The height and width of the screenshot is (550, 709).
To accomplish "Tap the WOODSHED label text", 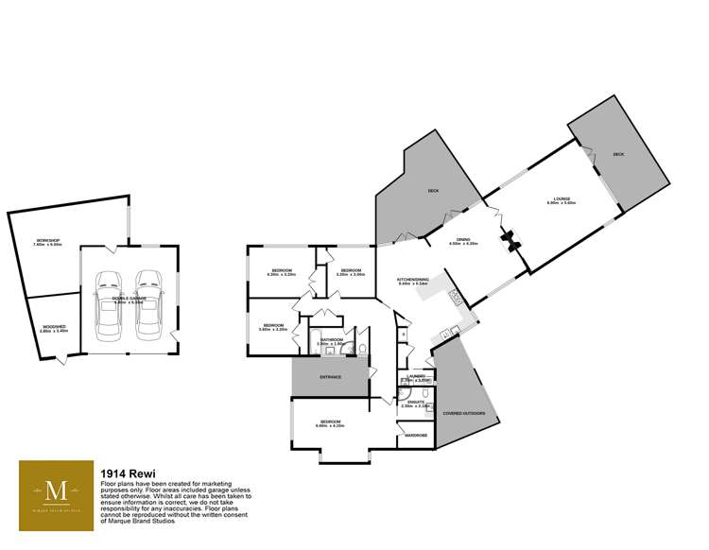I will click(54, 329).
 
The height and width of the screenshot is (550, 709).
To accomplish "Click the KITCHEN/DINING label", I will click(413, 280).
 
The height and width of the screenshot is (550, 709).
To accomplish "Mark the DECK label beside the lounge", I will click(618, 154).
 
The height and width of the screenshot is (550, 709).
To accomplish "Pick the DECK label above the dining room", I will click(433, 192).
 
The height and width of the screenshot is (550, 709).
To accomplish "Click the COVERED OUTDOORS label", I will click(460, 411).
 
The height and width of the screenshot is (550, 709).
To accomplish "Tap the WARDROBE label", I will click(417, 435).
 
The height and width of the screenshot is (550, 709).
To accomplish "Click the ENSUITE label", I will click(415, 402).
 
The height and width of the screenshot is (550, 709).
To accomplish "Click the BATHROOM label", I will click(331, 341).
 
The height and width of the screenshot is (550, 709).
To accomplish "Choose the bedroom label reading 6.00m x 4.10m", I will click(330, 424).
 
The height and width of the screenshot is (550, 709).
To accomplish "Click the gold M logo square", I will click(56, 491).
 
